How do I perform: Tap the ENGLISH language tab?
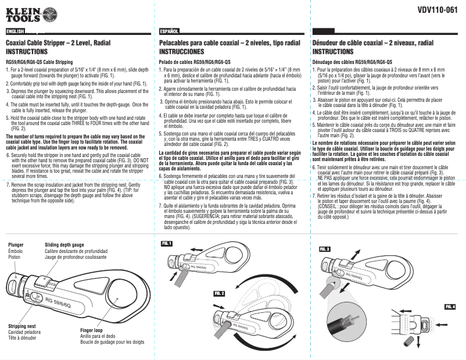point(15,30)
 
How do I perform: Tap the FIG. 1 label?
point(167,244)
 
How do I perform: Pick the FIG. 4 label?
point(450,306)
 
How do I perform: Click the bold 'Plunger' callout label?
point(16,245)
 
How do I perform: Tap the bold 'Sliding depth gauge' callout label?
point(64,245)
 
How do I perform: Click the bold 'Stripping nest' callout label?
point(22,326)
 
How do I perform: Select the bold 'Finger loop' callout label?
point(91,330)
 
